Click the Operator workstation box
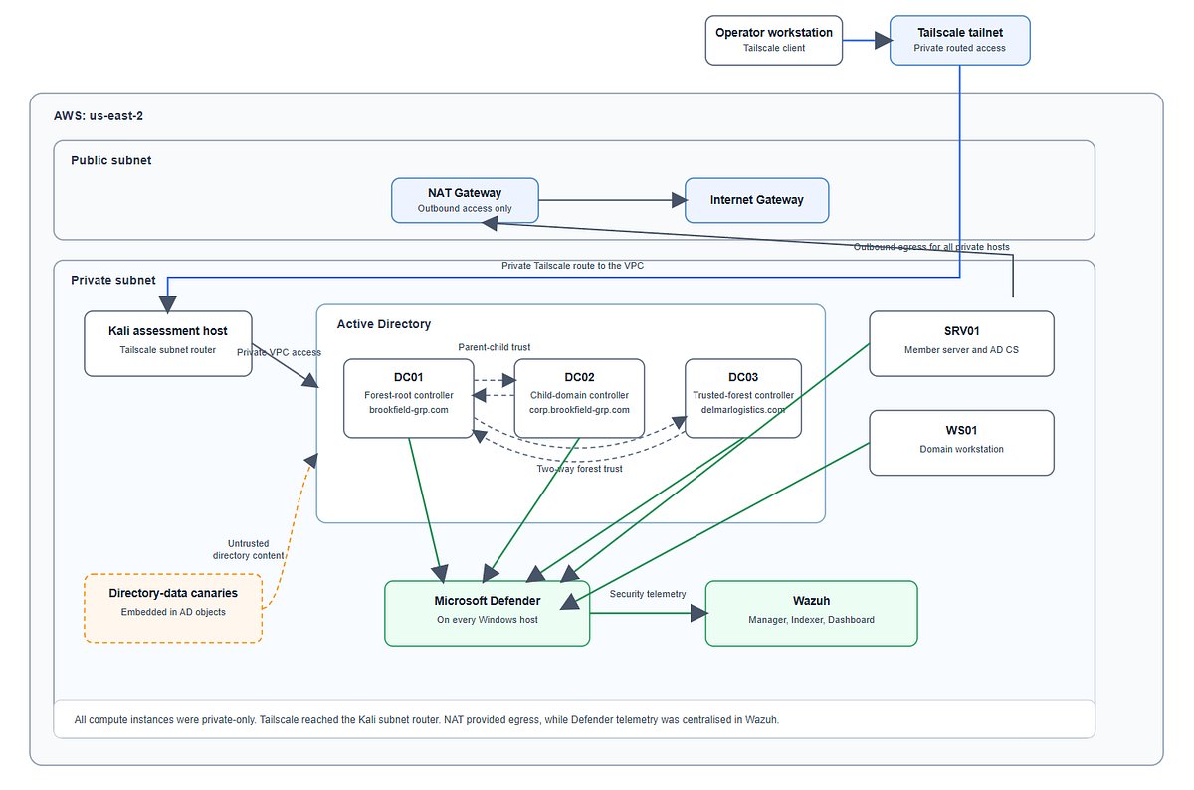click(x=774, y=41)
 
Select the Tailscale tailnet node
click(x=960, y=41)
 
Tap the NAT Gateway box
click(x=465, y=200)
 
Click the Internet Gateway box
click(x=757, y=200)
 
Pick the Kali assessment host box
click(x=168, y=344)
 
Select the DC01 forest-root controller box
click(x=409, y=398)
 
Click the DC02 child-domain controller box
click(x=579, y=398)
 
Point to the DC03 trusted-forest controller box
click(x=743, y=398)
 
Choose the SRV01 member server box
click(x=961, y=344)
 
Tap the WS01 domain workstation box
click(x=961, y=443)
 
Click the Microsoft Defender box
click(x=488, y=614)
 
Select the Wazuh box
click(x=811, y=614)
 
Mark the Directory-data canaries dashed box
click(x=173, y=608)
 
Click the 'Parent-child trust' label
click(x=495, y=347)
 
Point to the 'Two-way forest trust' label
click(x=579, y=469)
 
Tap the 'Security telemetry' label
click(x=648, y=594)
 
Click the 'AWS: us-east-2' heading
click(x=99, y=116)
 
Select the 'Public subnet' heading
click(x=110, y=160)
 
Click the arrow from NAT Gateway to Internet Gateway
click(x=612, y=200)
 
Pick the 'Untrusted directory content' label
click(x=249, y=549)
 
